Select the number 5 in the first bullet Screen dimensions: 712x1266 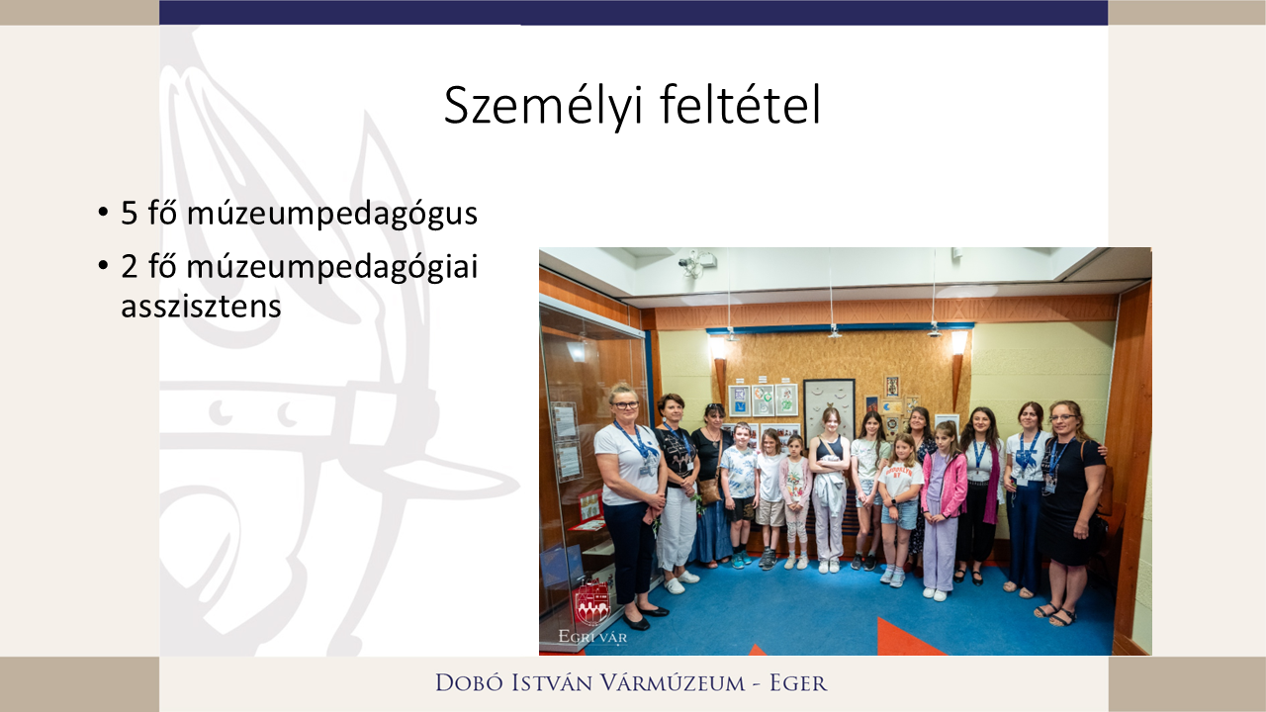pos(129,214)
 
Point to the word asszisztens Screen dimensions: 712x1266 pos(201,307)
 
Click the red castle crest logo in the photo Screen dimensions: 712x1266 pos(591,603)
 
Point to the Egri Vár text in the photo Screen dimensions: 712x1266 pos(592,637)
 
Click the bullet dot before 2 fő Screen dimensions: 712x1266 pos(103,268)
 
